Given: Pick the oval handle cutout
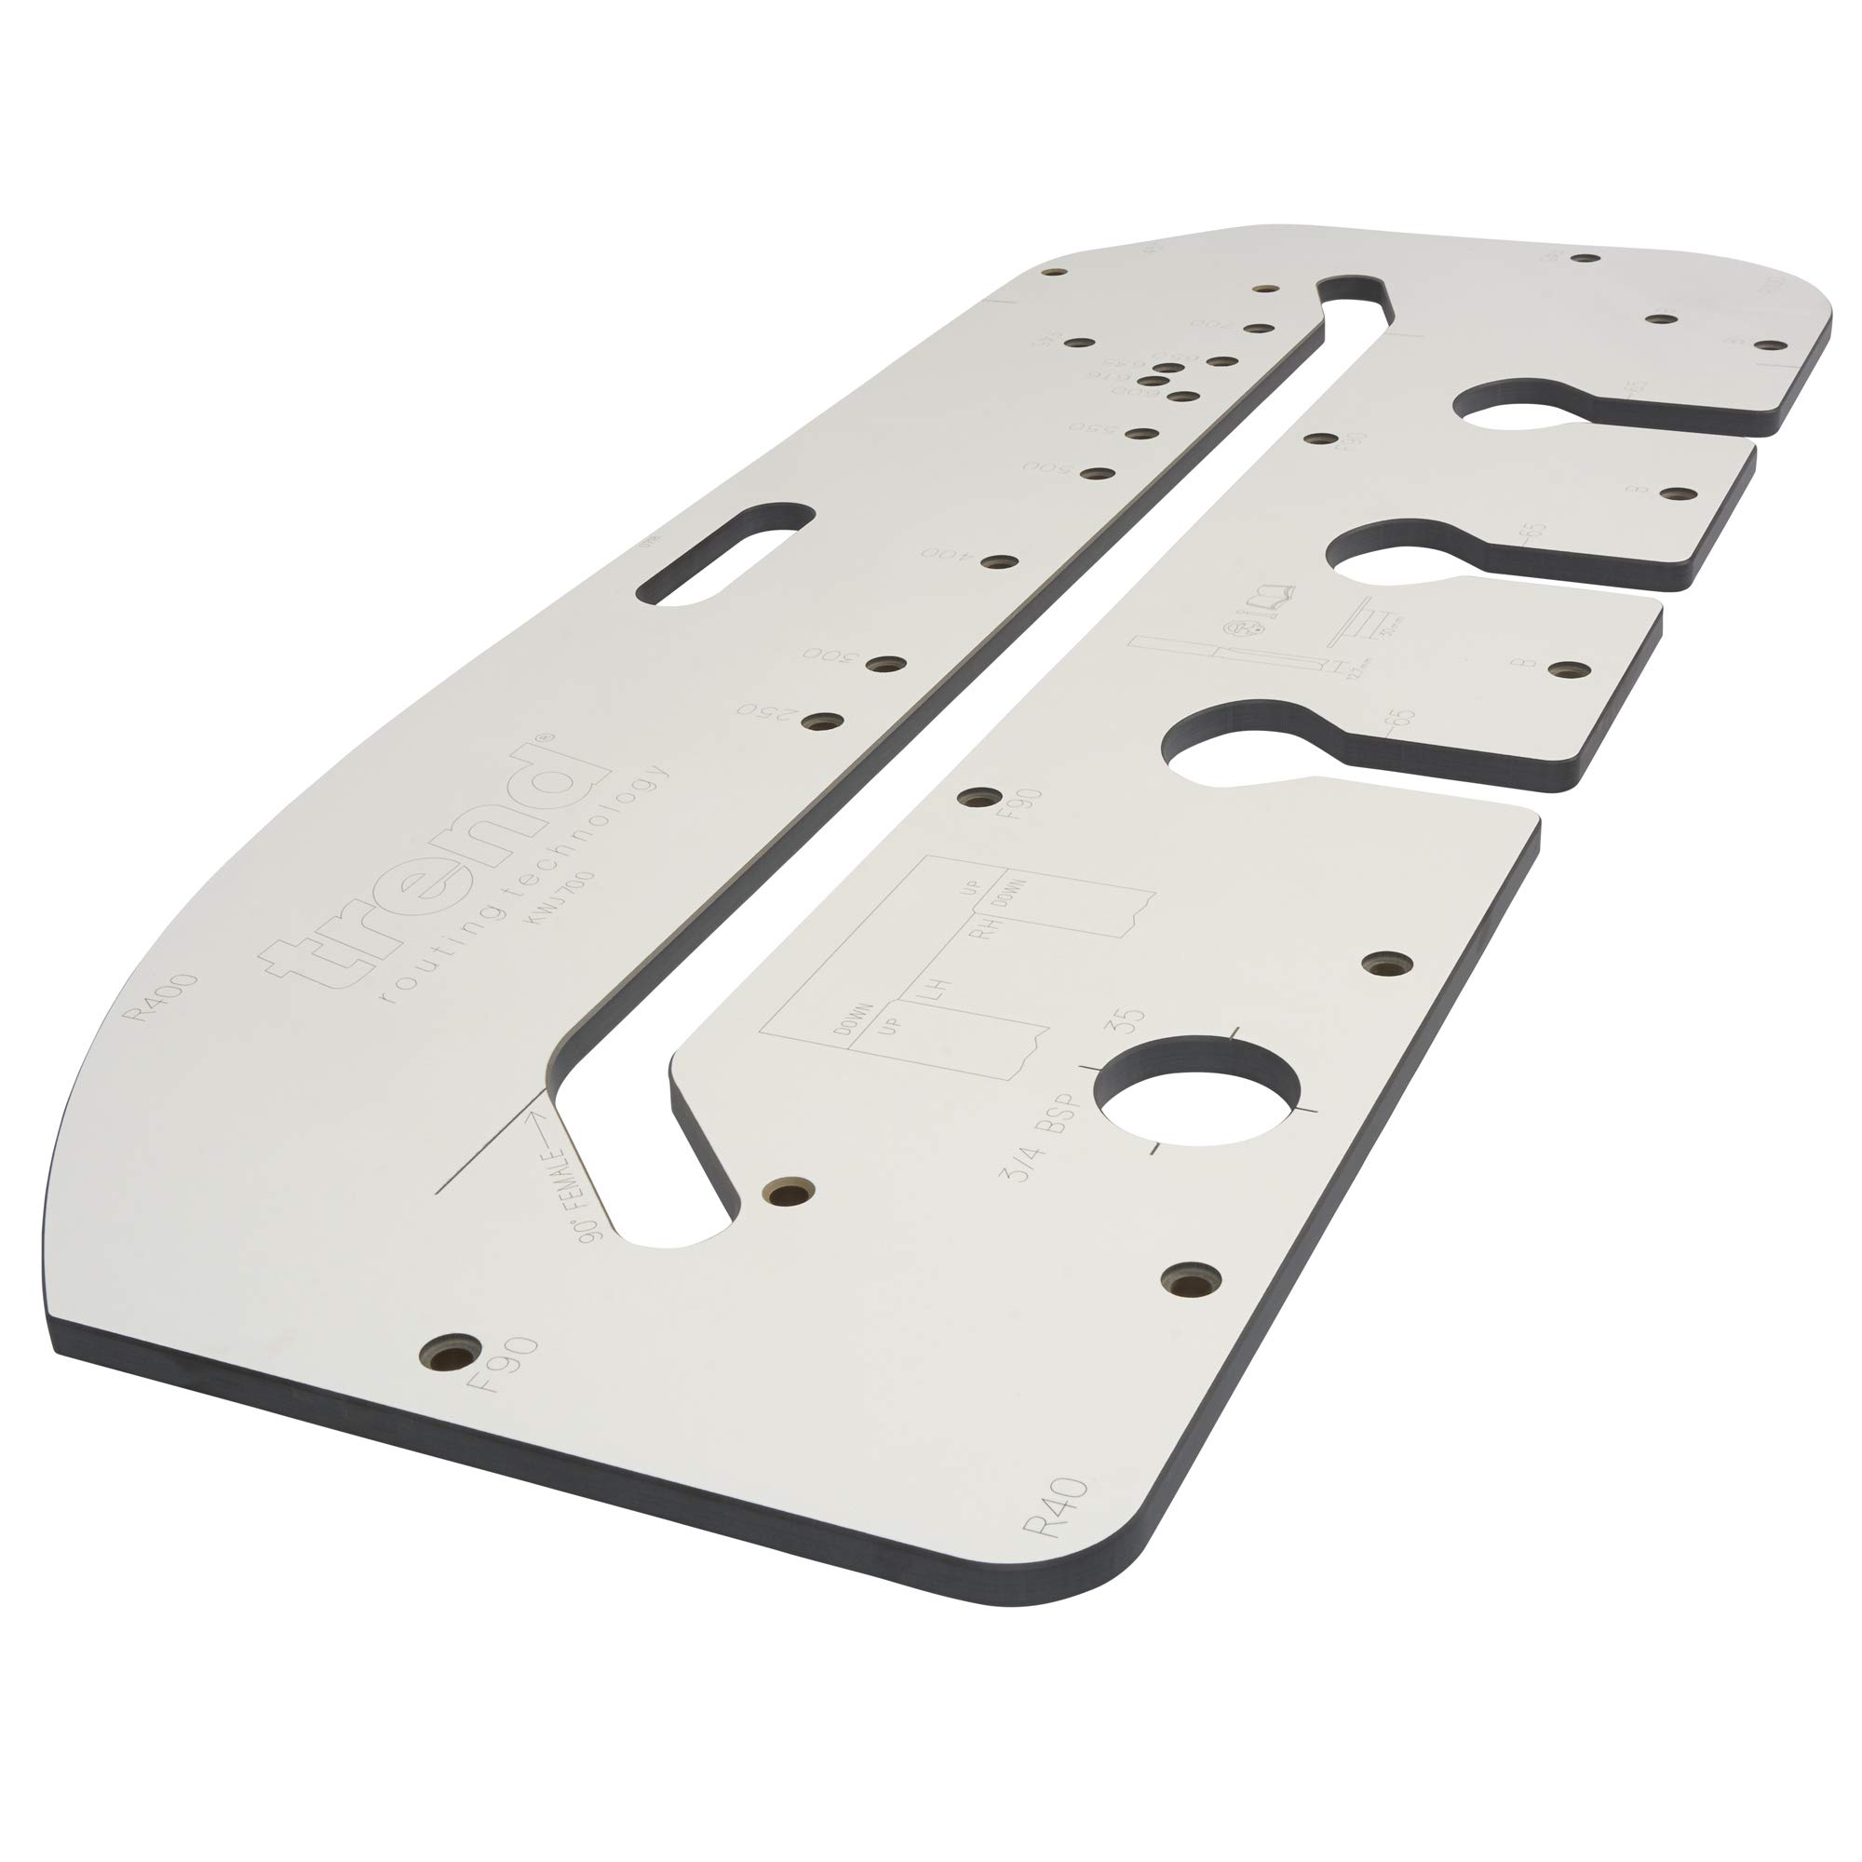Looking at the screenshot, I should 723,551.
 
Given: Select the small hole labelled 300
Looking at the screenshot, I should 886,665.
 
